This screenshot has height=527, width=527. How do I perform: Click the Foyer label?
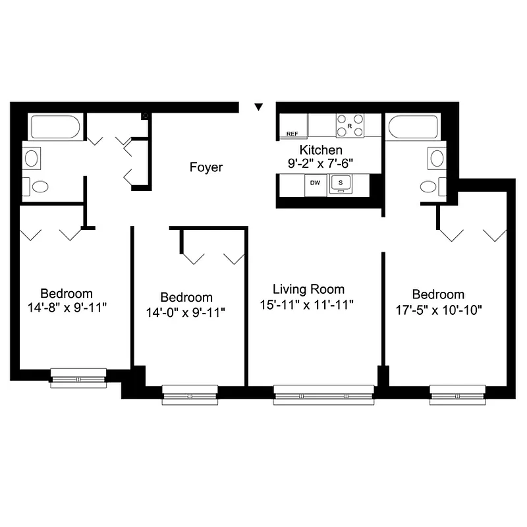206,167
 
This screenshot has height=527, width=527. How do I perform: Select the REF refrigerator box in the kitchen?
292,134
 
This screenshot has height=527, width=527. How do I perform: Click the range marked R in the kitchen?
350,125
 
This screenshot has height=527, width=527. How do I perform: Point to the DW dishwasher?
315,182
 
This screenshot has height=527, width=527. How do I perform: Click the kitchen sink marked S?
341,182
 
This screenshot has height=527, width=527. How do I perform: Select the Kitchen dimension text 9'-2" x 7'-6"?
321,163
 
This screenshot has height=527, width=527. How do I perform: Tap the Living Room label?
308,289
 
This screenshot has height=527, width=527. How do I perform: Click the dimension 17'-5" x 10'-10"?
438,310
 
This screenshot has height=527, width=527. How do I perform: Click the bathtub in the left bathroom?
55,126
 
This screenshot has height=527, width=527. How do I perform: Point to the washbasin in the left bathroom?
32,157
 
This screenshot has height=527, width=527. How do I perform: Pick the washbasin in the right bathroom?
437,157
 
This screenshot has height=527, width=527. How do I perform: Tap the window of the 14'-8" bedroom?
78,379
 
